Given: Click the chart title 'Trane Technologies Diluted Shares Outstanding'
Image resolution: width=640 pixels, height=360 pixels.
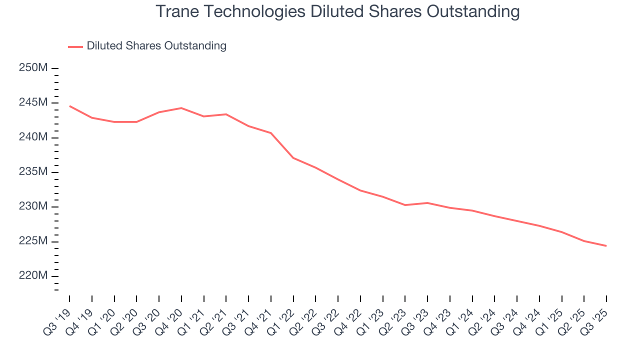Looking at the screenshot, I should pyautogui.click(x=337, y=11).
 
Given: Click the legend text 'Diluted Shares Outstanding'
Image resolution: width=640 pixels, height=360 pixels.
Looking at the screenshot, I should pyautogui.click(x=156, y=46).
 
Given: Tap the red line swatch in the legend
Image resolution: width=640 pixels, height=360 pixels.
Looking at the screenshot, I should pyautogui.click(x=75, y=46).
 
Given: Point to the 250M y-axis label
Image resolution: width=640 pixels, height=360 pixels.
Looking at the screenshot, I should pyautogui.click(x=33, y=68).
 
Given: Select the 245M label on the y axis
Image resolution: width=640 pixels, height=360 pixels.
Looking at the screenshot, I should pyautogui.click(x=33, y=102).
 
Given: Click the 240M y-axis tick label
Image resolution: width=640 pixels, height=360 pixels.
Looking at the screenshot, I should pyautogui.click(x=33, y=137).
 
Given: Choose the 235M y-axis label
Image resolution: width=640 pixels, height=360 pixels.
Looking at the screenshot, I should pyautogui.click(x=33, y=172).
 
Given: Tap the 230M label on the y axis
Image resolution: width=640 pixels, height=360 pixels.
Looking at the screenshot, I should pyautogui.click(x=33, y=206).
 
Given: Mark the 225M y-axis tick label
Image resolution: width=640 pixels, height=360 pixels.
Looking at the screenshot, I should pyautogui.click(x=33, y=241).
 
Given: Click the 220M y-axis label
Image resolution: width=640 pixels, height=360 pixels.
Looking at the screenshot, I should pyautogui.click(x=33, y=276).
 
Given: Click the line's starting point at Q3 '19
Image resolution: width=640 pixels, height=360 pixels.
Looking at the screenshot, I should pyautogui.click(x=69, y=106).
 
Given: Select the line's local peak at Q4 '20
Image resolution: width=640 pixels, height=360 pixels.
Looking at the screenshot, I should pyautogui.click(x=181, y=108).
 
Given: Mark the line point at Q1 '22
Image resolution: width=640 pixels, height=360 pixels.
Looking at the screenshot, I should pyautogui.click(x=293, y=158).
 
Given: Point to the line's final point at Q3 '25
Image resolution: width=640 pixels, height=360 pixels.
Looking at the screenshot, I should pyautogui.click(x=606, y=246).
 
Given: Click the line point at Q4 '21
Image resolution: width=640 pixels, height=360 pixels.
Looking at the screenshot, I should pyautogui.click(x=271, y=133).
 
